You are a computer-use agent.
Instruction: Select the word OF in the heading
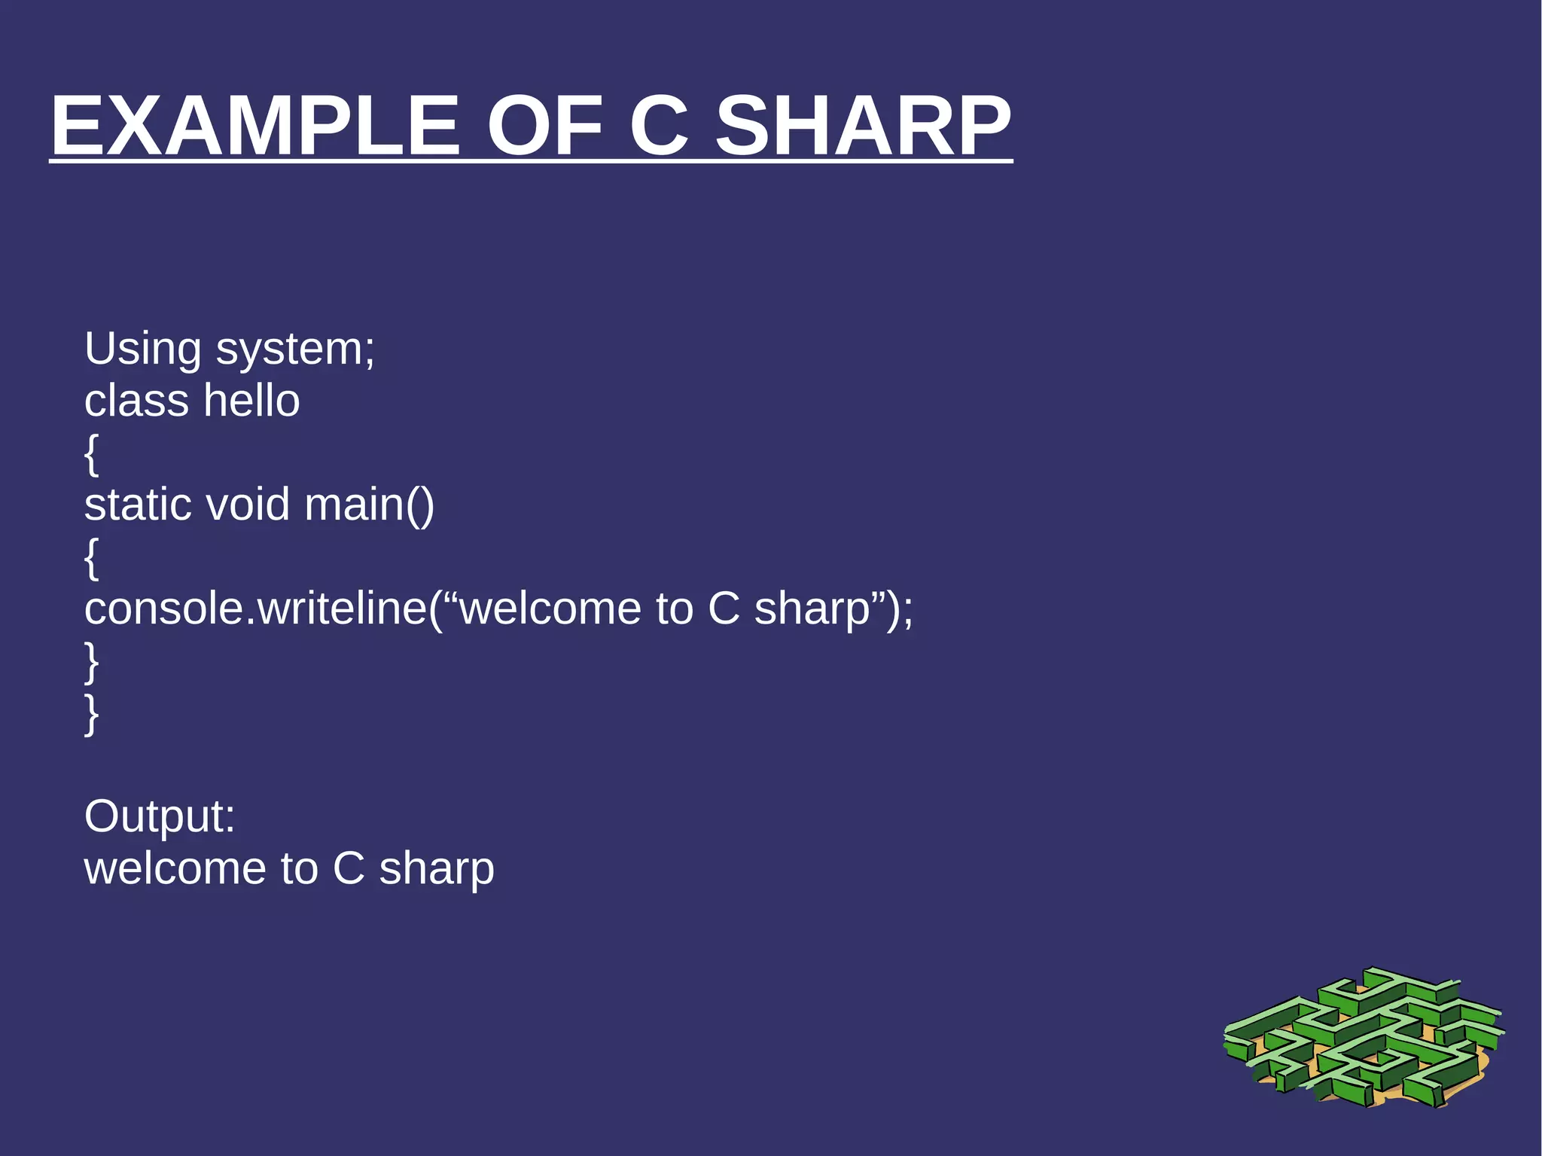tap(544, 126)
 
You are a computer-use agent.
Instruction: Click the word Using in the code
tap(143, 350)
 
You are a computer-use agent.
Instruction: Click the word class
tap(136, 401)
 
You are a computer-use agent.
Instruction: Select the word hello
tap(251, 401)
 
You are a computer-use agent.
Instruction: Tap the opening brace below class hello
tap(91, 454)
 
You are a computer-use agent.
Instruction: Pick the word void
tap(248, 505)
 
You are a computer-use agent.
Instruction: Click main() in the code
tap(369, 505)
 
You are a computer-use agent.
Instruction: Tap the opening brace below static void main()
tap(91, 558)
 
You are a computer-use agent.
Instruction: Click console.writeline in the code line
tap(256, 609)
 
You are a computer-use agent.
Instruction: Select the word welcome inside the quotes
tap(550, 609)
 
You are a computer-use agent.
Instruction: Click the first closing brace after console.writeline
tap(91, 662)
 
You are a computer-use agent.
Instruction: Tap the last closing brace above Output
tap(91, 713)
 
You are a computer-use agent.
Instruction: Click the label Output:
tap(160, 817)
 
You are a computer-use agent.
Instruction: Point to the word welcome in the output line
tap(175, 869)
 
